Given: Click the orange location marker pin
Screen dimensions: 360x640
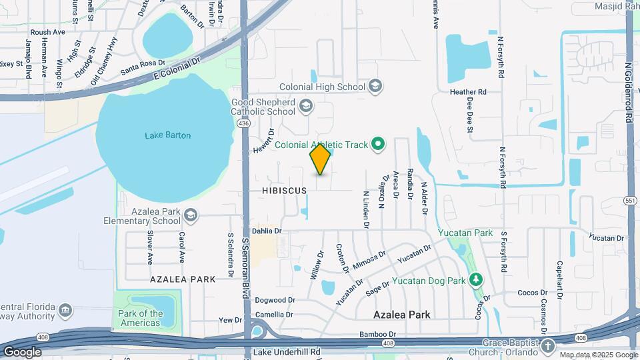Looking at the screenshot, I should click(321, 159).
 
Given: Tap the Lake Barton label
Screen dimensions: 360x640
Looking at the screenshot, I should click(168, 135).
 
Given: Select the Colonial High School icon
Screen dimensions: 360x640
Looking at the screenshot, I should click(375, 87).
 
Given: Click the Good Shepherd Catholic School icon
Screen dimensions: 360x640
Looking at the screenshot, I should click(305, 105).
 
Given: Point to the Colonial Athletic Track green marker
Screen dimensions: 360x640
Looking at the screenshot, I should click(379, 144).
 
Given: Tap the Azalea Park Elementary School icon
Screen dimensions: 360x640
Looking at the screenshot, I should click(191, 215).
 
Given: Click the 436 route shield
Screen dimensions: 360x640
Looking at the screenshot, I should click(244, 123).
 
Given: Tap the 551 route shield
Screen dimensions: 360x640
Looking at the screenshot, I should click(630, 200).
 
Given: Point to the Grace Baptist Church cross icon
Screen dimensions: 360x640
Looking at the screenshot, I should click(547, 346).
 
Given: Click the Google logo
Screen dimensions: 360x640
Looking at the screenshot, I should click(23, 351).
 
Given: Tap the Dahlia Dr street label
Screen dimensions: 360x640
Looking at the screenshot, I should click(267, 231).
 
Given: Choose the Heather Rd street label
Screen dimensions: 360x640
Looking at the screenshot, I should click(468, 92).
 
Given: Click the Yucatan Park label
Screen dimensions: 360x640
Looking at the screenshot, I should click(465, 233).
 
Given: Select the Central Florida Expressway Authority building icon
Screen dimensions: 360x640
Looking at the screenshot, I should click(65, 310).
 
